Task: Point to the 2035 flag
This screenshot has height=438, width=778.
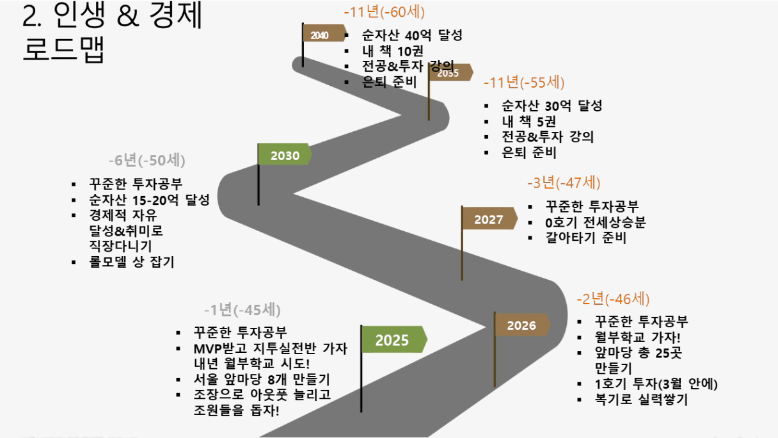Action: click(x=450, y=72)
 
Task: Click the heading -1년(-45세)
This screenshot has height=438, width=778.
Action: click(x=242, y=310)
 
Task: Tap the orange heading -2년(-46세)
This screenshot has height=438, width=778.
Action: click(x=613, y=299)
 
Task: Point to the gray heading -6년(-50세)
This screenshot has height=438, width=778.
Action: click(x=147, y=160)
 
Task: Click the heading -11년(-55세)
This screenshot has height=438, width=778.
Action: click(x=524, y=83)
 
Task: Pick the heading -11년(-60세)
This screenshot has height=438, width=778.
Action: click(x=384, y=12)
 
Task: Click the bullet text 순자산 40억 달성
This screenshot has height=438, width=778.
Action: click(x=412, y=35)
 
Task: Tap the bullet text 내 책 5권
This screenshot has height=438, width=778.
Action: click(x=529, y=122)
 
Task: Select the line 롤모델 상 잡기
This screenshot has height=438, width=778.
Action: click(x=132, y=262)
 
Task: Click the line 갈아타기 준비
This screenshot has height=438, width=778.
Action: click(x=586, y=238)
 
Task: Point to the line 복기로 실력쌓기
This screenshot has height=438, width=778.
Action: click(x=641, y=400)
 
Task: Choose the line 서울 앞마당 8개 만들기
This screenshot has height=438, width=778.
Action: click(x=262, y=379)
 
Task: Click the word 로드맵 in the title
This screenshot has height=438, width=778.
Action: click(x=63, y=49)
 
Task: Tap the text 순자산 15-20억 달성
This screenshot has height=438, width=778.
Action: click(x=149, y=200)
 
